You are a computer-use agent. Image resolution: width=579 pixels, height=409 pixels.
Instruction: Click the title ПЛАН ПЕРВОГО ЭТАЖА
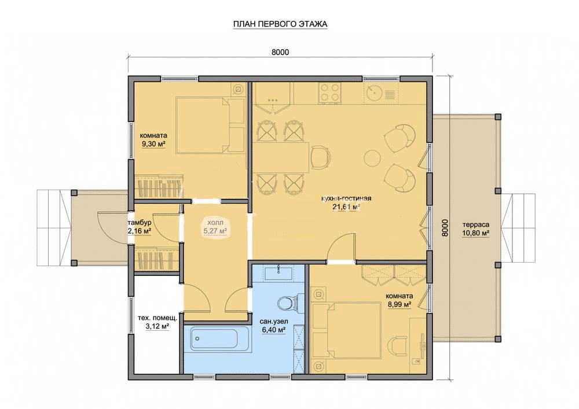pos(280,24)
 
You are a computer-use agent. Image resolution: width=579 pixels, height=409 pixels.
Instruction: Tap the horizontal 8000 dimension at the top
pos(280,53)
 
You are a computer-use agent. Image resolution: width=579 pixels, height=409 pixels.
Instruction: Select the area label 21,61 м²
pos(346,207)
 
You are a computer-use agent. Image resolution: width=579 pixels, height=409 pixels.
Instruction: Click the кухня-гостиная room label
pos(346,198)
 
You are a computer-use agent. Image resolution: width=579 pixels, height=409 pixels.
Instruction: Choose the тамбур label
pos(139,223)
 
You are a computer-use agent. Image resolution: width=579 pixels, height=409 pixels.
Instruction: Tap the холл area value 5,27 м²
pos(215,231)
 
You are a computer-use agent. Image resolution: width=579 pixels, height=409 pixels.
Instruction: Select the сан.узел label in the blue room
pos(274,322)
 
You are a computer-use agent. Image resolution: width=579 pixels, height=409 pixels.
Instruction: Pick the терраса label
pos(475,224)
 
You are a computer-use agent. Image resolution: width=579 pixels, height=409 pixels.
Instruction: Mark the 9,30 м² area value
pos(153,144)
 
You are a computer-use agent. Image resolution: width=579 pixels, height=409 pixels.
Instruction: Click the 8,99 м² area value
pos(400,304)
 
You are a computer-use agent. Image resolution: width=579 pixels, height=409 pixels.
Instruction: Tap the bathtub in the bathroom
pos(214,340)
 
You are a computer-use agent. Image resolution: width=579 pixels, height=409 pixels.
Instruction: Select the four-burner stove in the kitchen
pos(330,92)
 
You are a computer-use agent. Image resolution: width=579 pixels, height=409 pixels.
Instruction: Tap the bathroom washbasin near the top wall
pos(278,273)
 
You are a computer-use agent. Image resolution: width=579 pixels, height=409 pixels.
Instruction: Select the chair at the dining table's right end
pos(320,157)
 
